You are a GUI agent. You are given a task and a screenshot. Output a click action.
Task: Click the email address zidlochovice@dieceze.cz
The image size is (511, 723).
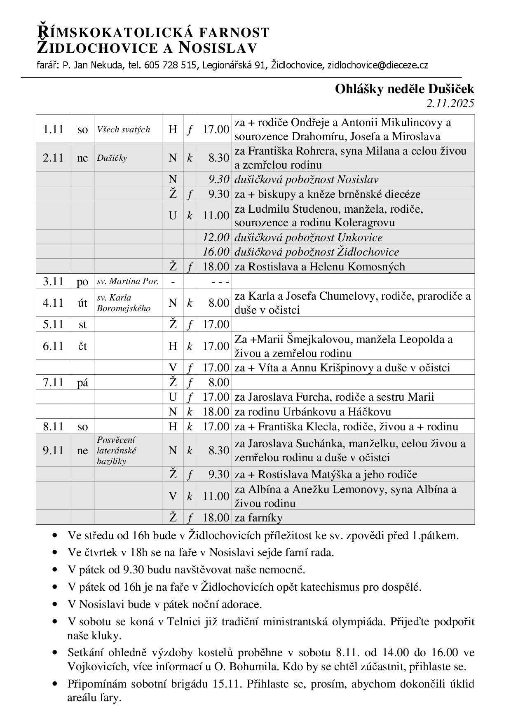tap(377, 65)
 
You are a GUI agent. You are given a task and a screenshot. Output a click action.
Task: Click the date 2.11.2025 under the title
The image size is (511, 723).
tap(450, 103)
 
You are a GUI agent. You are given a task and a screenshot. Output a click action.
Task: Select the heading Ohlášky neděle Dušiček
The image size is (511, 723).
tap(404, 89)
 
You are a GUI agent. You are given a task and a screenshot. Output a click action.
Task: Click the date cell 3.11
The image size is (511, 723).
tap(53, 282)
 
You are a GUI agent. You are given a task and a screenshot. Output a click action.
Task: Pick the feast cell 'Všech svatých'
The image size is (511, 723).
tap(124, 129)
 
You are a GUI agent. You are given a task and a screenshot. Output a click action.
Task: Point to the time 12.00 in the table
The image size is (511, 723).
tap(216, 237)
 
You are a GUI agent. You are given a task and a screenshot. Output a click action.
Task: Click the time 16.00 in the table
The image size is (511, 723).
tap(216, 252)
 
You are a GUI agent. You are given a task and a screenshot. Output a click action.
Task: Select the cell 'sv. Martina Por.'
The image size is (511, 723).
tap(128, 282)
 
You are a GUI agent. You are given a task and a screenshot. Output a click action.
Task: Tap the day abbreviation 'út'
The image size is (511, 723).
tap(82, 303)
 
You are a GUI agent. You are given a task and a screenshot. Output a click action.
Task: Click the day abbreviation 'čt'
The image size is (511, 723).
tap(82, 346)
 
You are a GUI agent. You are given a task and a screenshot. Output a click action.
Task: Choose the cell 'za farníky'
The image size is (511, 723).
tap(258, 518)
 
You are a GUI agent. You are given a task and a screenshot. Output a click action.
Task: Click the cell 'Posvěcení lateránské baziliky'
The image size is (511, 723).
tap(117, 451)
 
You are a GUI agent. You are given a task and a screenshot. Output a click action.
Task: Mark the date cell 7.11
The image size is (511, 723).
tap(53, 383)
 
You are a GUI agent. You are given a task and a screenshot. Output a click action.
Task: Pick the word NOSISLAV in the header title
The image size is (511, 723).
tap(218, 48)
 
